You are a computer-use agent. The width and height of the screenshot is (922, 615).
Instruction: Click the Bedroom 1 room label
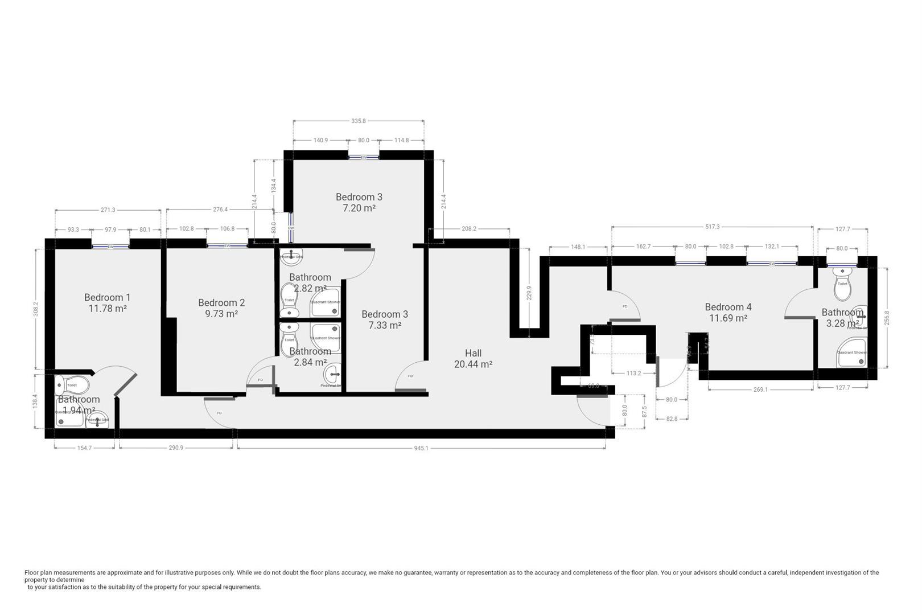pos(107,297)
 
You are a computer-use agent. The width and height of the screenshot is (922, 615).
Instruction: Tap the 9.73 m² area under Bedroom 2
pos(221,314)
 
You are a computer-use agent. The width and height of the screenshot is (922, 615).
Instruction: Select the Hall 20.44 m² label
pos(473,359)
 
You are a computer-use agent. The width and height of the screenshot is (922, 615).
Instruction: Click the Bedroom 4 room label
pos(728,307)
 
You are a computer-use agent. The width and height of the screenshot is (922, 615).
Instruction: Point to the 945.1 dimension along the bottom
pos(421,448)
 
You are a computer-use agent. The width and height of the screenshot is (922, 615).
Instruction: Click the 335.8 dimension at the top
pos(359,121)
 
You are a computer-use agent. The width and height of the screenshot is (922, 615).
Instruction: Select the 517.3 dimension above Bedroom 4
pos(712,227)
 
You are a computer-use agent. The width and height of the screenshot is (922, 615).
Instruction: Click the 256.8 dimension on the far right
pos(886,318)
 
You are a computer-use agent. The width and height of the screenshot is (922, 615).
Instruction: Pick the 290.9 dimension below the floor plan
pos(176,448)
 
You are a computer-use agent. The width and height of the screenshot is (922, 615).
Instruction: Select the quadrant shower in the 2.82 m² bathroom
pos(325,304)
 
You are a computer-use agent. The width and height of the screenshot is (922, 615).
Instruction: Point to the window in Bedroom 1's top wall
pos(110,247)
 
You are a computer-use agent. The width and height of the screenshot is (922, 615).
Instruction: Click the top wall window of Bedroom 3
pos(364,157)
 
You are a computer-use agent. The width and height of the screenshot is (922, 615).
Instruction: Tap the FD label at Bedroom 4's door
pos(624,306)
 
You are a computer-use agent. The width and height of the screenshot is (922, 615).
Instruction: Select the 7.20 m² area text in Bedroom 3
pos(359,208)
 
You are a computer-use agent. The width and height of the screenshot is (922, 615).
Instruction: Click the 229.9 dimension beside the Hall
pos(529,293)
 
